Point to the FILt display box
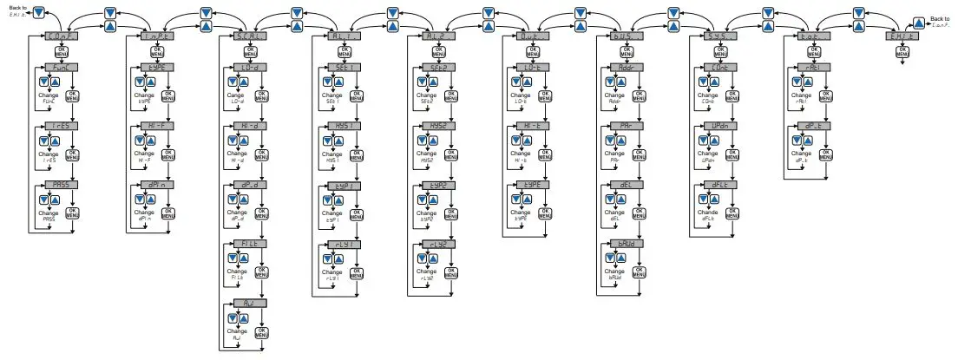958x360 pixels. [x=249, y=244]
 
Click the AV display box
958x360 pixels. [x=249, y=303]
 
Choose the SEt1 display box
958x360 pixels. [x=343, y=68]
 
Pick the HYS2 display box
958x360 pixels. [x=436, y=126]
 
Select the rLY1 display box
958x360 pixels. [x=343, y=244]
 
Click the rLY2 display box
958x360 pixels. [x=436, y=244]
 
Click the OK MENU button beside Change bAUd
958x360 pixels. [x=639, y=272]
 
